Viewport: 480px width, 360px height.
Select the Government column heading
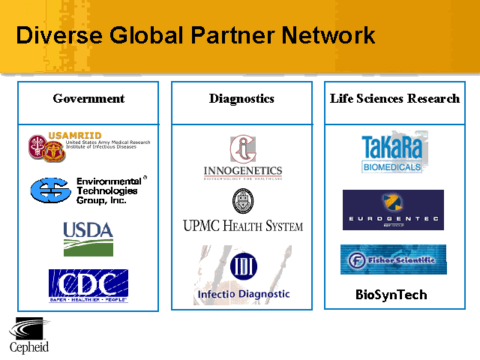click(88, 99)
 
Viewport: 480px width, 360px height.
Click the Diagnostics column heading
click(241, 99)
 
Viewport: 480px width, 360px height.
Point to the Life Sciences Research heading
click(394, 99)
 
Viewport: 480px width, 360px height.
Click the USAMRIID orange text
click(75, 136)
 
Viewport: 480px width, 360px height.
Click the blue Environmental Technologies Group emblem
click(49, 190)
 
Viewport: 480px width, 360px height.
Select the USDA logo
click(88, 238)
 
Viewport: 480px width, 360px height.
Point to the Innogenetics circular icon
click(242, 149)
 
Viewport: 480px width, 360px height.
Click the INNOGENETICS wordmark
click(242, 171)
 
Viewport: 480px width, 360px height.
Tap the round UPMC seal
click(243, 200)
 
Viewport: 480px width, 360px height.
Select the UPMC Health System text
click(243, 225)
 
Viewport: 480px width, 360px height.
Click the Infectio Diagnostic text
click(243, 295)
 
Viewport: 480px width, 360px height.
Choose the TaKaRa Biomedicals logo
click(392, 152)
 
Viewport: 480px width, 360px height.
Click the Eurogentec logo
click(393, 210)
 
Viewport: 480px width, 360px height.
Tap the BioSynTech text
click(391, 295)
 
